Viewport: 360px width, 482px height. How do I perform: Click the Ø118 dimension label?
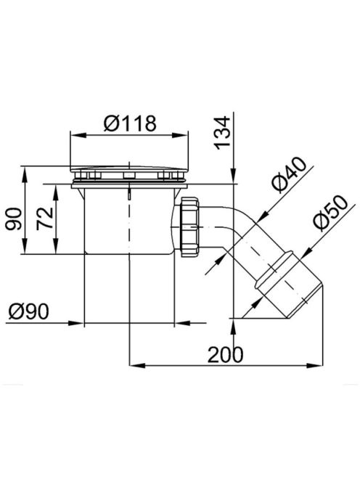tap(130, 123)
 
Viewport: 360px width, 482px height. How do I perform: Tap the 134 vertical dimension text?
tap(222, 133)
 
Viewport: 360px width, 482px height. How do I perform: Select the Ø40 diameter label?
tap(289, 174)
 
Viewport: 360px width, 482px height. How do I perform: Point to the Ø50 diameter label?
tap(331, 213)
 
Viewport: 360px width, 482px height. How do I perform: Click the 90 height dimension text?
tap(14, 219)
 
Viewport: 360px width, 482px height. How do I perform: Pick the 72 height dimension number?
tap(45, 219)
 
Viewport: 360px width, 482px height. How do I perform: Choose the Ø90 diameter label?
tap(28, 311)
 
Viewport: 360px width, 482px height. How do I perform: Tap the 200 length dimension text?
tap(225, 354)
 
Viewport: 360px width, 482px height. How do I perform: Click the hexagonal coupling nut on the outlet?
tap(189, 227)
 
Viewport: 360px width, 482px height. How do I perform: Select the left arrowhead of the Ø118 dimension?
tap(78, 135)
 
